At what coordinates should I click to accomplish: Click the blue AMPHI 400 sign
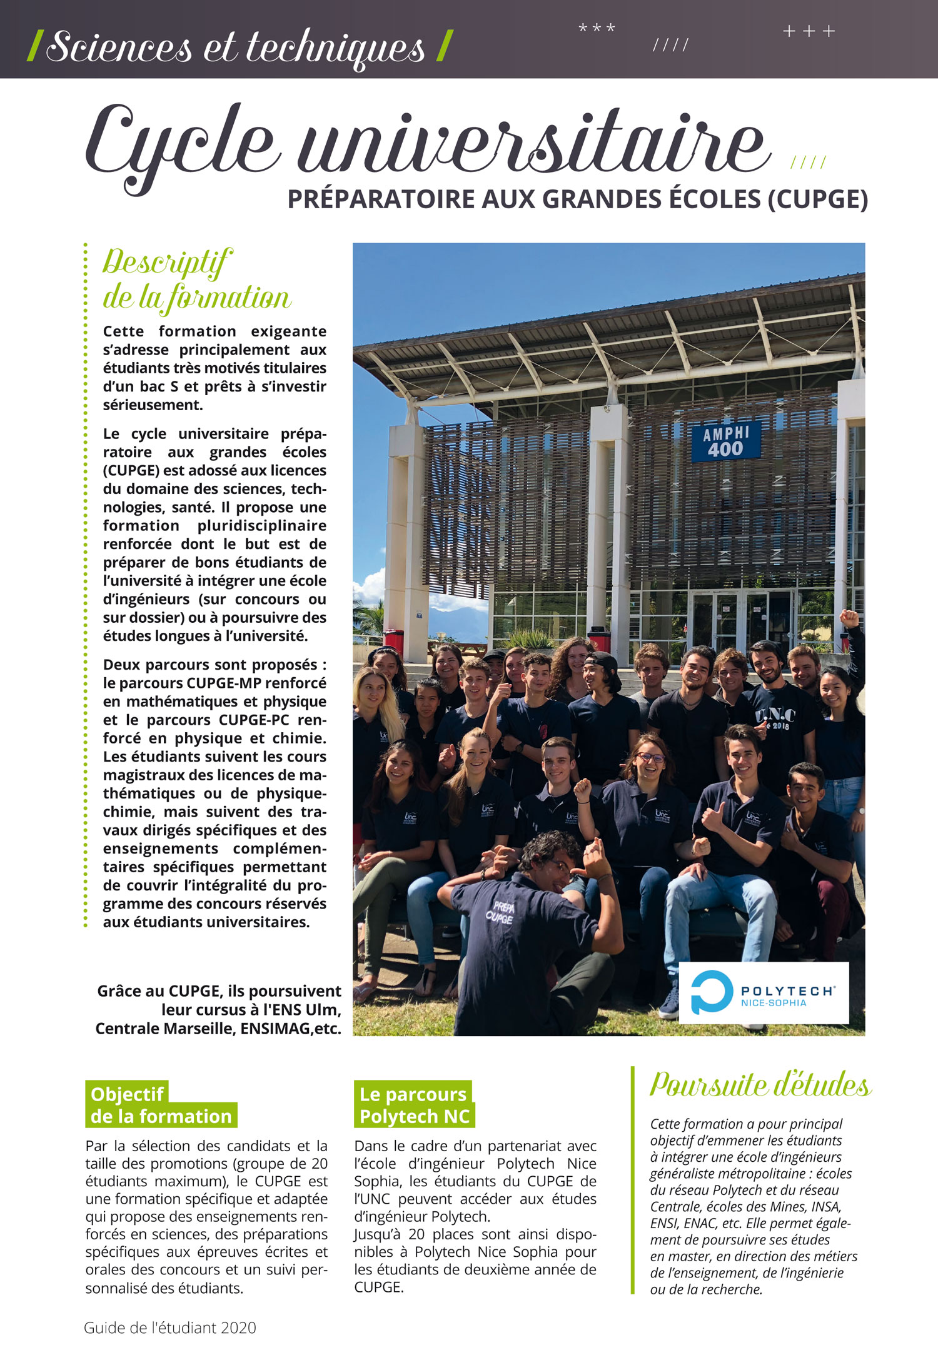pyautogui.click(x=725, y=441)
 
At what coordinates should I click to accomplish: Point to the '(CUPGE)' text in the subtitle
pyautogui.click(x=817, y=199)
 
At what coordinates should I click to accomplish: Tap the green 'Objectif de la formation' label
pyautogui.click(x=161, y=1106)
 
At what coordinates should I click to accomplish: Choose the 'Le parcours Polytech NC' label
pyautogui.click(x=414, y=1106)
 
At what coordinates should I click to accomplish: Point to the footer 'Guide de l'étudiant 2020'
pyautogui.click(x=170, y=1327)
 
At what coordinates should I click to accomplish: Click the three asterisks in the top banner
pyautogui.click(x=597, y=29)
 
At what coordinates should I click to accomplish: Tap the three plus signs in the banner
pyautogui.click(x=809, y=31)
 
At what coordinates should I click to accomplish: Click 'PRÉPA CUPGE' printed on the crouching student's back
pyautogui.click(x=501, y=912)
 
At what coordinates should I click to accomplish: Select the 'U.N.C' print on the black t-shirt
pyautogui.click(x=775, y=716)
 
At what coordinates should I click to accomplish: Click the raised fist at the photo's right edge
pyautogui.click(x=849, y=618)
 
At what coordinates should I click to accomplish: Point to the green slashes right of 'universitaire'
pyautogui.click(x=808, y=163)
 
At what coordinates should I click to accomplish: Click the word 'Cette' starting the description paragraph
pyautogui.click(x=123, y=331)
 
